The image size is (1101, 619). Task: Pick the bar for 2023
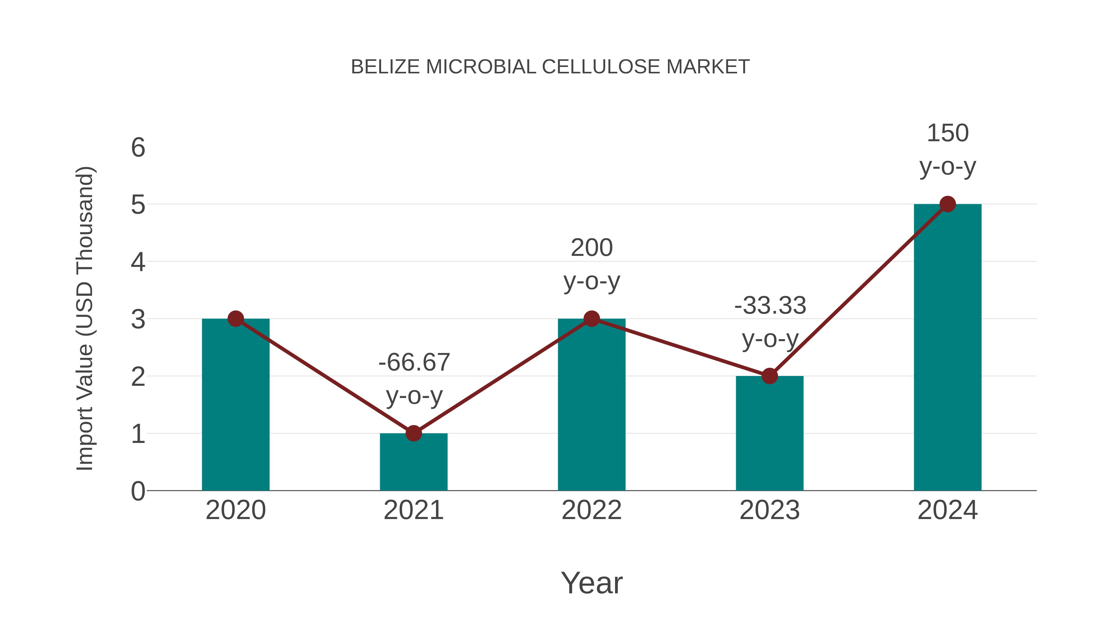[x=769, y=436]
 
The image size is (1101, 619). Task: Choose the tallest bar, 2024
[x=947, y=350]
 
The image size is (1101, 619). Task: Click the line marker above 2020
[x=235, y=319]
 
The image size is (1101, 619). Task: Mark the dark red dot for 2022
[x=591, y=319]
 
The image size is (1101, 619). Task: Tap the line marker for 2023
[x=769, y=376]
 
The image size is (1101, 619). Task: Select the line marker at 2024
[x=947, y=204]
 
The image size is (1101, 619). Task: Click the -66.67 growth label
[x=414, y=362]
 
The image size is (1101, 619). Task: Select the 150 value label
[x=947, y=133]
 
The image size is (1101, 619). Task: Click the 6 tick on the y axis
[x=138, y=148]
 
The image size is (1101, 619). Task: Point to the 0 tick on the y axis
[x=138, y=491]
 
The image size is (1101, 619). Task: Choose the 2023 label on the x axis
[x=769, y=510]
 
